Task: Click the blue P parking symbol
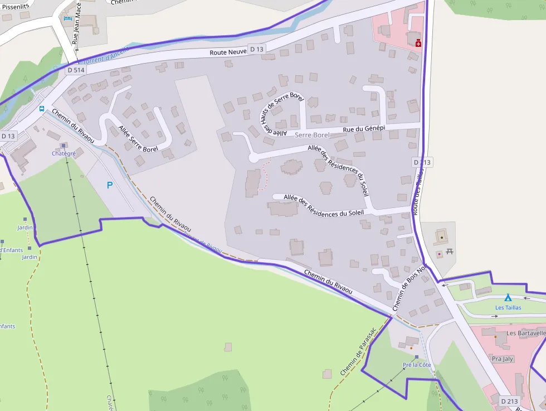(x=110, y=185)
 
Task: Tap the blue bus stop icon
(x=42, y=109)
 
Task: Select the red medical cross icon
(x=418, y=42)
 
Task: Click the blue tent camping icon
(x=508, y=298)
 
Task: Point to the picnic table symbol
(x=450, y=253)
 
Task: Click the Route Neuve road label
(x=228, y=52)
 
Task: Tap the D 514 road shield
(x=76, y=70)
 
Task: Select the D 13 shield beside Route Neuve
(x=256, y=49)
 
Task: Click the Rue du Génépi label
(x=364, y=129)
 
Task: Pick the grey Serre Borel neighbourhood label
(x=312, y=136)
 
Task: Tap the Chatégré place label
(x=64, y=153)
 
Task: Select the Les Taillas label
(x=508, y=307)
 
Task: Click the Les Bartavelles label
(x=525, y=333)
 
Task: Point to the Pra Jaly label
(x=503, y=359)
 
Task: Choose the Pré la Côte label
(x=417, y=365)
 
